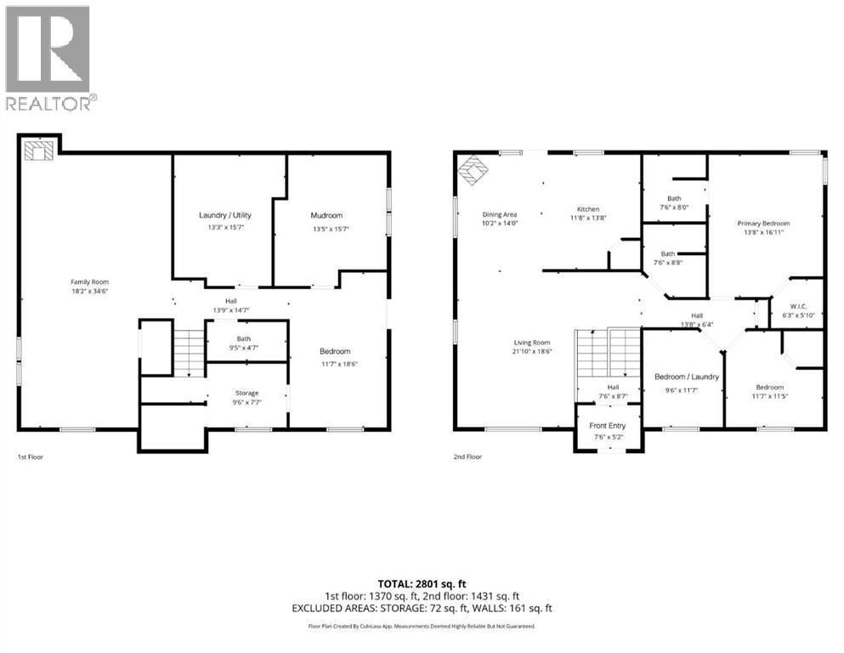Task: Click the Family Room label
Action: point(89,281)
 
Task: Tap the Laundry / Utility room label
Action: point(225,215)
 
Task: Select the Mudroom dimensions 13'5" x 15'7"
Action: point(327,229)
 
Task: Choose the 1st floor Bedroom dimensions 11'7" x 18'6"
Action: point(335,364)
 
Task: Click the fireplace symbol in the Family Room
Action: point(38,151)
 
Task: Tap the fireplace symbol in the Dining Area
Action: point(473,170)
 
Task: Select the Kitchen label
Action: point(588,209)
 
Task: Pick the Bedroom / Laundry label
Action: point(687,377)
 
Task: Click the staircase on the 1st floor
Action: point(189,349)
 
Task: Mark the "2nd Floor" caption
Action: point(467,457)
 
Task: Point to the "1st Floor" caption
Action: point(31,457)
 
